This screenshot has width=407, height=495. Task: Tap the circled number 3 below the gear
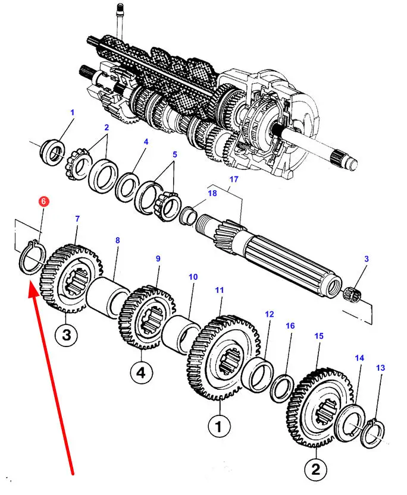click(66, 335)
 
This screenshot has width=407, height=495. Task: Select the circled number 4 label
click(141, 373)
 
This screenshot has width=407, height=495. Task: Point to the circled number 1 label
click(219, 427)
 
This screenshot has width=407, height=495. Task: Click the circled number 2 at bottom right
click(316, 469)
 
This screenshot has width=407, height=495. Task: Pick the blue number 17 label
click(233, 179)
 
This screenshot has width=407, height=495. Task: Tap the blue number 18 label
click(212, 193)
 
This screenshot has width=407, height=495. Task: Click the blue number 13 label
click(380, 367)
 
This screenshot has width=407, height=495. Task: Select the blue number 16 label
click(290, 326)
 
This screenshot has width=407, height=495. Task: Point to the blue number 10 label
click(193, 277)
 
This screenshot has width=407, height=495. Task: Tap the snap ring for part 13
click(374, 433)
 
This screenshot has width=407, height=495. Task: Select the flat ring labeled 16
click(283, 388)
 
